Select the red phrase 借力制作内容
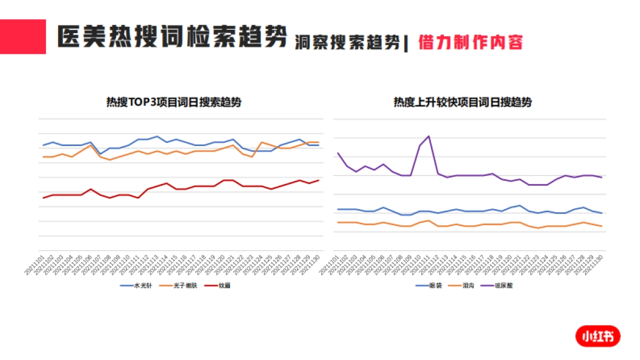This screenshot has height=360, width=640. [x=471, y=42]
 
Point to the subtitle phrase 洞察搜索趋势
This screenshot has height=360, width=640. [x=347, y=43]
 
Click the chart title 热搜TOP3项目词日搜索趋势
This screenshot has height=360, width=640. [x=174, y=102]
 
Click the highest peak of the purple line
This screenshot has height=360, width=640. [x=429, y=136]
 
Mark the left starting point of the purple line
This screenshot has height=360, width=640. [x=338, y=154]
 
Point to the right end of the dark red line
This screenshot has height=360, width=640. [x=319, y=180]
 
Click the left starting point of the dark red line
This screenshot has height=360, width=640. [x=43, y=198]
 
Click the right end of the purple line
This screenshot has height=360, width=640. [x=602, y=177]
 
